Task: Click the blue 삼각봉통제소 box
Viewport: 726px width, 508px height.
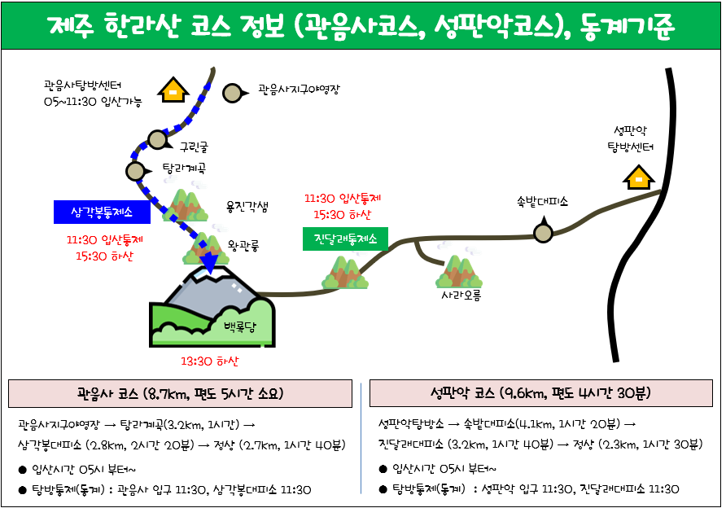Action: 102,212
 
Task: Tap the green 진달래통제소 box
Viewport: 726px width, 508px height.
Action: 345,239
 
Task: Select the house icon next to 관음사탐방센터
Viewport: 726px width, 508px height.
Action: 173,90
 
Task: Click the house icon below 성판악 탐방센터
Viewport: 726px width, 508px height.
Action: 638,177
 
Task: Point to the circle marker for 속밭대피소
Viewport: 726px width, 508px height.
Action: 543,232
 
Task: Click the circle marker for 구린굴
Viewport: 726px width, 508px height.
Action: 157,139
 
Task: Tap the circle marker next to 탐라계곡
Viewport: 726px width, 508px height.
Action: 136,171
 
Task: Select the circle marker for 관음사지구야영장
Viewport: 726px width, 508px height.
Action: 233,93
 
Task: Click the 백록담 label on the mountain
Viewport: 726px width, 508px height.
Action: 240,327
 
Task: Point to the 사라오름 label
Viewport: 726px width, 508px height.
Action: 461,295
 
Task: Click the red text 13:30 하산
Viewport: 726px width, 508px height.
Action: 210,361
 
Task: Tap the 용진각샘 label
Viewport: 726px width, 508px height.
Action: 247,207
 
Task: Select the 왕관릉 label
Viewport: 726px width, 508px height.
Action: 243,245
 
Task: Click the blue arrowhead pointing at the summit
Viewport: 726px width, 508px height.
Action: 210,264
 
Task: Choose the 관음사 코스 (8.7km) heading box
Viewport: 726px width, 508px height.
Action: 180,394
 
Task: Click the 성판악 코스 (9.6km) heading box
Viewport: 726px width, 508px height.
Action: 540,393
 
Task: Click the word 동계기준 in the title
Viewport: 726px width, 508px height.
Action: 627,25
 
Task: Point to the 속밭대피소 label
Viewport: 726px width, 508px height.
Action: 543,201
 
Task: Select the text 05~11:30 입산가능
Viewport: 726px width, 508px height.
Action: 93,102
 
